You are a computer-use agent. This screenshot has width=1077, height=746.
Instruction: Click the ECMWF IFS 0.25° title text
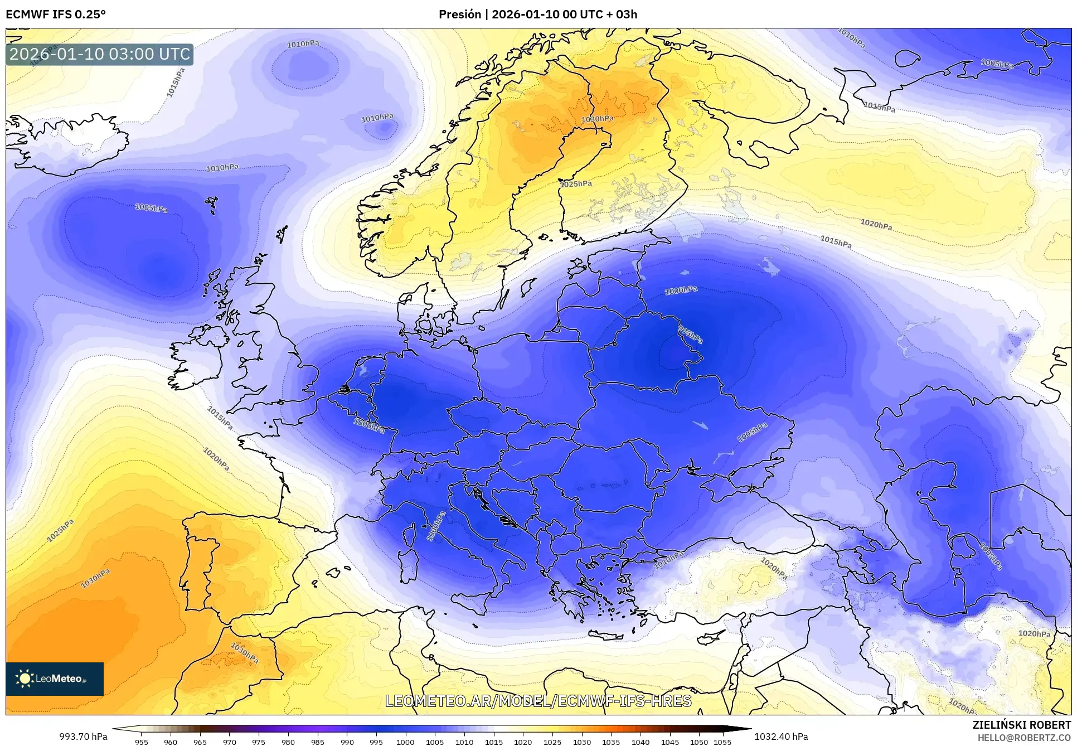click(x=55, y=14)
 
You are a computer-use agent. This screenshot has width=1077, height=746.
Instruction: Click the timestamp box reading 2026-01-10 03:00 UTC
click(x=100, y=54)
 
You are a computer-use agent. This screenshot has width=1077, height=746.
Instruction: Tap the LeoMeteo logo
click(x=54, y=679)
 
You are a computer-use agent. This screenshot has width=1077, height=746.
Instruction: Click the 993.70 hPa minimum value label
click(x=83, y=737)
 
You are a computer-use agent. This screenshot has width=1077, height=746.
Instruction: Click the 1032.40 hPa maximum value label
click(x=780, y=737)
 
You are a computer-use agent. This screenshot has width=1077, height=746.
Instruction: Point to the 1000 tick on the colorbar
click(x=405, y=742)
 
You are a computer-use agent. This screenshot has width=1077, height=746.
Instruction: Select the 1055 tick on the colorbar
click(x=722, y=742)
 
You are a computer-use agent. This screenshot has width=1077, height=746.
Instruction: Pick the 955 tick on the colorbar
click(x=142, y=742)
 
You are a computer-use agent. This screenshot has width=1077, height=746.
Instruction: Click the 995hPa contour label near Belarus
click(x=690, y=335)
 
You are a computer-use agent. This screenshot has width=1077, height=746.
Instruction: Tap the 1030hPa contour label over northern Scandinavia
click(x=597, y=119)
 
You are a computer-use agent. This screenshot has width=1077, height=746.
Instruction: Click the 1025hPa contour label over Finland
click(x=576, y=184)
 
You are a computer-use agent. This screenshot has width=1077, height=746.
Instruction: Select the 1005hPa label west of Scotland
click(x=151, y=208)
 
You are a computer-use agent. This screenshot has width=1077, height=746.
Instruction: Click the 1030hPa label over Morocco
click(x=244, y=653)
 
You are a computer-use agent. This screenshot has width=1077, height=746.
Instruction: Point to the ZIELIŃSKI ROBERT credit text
click(x=1021, y=725)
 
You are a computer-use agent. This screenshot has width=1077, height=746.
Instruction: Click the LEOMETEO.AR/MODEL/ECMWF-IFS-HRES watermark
click(x=538, y=701)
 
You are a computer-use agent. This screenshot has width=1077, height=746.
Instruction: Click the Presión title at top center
click(x=537, y=14)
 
